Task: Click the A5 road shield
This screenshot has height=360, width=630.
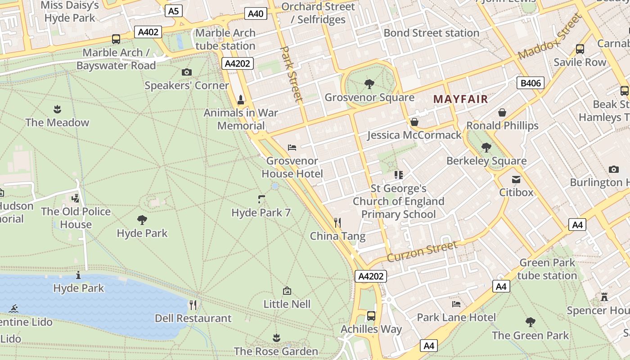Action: pos(173,11)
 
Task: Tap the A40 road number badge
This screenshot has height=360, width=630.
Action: pos(256,13)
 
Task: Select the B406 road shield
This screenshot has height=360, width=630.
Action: pos(531,83)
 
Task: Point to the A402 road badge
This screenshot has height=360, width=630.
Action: pos(148,32)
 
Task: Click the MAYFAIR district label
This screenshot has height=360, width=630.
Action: pos(460,99)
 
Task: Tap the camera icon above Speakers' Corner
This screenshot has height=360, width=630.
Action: pos(186,72)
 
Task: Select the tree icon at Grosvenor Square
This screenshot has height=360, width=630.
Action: pos(369,84)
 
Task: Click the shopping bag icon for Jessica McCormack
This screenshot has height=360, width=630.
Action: pos(414,122)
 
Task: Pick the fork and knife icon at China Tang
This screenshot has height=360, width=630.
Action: pos(337,222)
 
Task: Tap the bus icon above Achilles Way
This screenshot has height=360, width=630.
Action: pos(371,315)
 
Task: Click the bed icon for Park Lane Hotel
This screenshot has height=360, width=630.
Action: pos(456,304)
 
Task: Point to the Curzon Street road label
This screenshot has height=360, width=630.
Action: pos(422,252)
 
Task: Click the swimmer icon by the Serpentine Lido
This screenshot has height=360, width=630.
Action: pos(13,309)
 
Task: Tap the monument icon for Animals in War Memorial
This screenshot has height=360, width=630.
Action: pos(241,99)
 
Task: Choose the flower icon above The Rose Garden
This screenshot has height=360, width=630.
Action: pos(276,337)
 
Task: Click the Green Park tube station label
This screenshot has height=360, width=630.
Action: pos(547,269)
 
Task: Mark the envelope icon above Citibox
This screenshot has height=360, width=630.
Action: pos(516,179)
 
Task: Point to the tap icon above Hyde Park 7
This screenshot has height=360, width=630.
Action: pos(261,199)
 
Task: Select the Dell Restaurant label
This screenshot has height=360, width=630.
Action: pos(193,318)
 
